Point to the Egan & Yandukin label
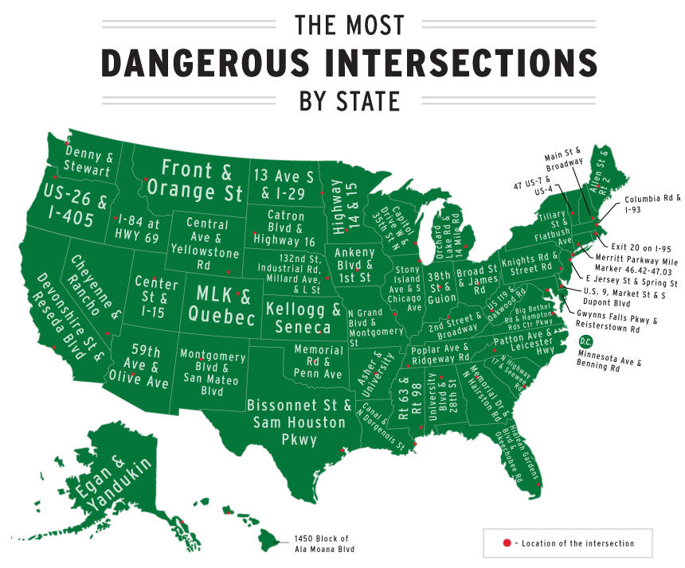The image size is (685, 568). (x=102, y=482)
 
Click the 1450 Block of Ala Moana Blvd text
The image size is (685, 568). (x=322, y=543)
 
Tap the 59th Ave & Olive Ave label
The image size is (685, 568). (x=139, y=367)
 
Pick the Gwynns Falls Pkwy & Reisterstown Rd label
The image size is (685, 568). (x=617, y=321)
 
